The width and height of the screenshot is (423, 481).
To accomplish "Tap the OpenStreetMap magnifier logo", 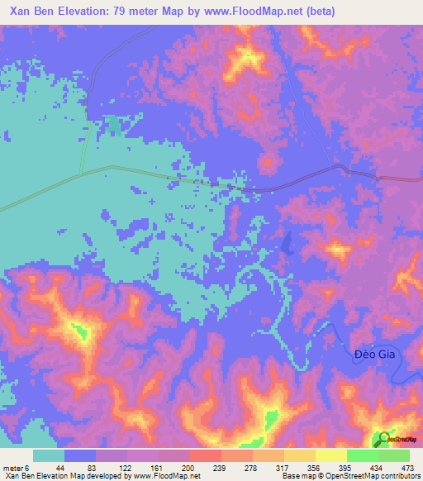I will (x=383, y=438).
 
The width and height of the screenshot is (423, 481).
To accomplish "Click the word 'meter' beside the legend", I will (x=15, y=468).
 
